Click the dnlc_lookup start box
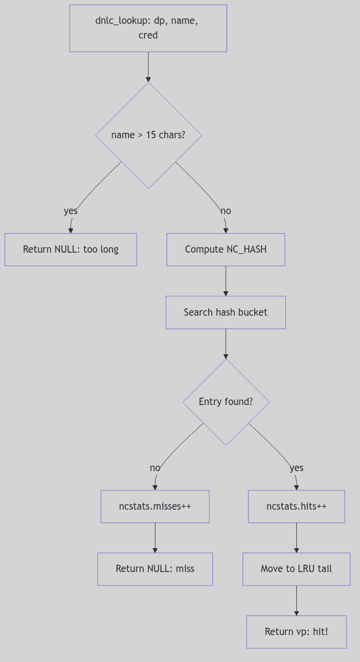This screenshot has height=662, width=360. (148, 28)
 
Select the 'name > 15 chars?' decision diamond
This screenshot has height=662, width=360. (148, 135)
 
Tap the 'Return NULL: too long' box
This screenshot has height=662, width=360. (70, 250)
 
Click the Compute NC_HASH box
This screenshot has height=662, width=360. (225, 250)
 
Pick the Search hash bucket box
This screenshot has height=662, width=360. (225, 313)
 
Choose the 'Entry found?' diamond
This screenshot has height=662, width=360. (225, 402)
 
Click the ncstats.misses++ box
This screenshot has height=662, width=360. (155, 507)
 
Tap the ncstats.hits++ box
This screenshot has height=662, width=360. (296, 507)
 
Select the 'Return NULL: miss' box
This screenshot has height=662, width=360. (155, 569)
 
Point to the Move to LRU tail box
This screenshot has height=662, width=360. (296, 569)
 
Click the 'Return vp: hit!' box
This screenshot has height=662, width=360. (296, 631)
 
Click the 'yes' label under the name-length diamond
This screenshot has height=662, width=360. (71, 211)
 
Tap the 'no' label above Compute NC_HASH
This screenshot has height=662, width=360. (226, 211)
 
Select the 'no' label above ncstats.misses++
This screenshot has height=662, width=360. (155, 468)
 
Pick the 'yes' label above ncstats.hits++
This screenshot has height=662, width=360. (296, 468)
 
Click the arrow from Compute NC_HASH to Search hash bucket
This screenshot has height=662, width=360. (225, 281)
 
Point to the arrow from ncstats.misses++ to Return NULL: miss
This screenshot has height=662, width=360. (155, 538)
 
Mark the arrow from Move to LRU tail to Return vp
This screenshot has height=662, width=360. (296, 600)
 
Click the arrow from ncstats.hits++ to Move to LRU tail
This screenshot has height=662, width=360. (296, 538)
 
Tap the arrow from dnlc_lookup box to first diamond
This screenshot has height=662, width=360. (148, 67)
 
